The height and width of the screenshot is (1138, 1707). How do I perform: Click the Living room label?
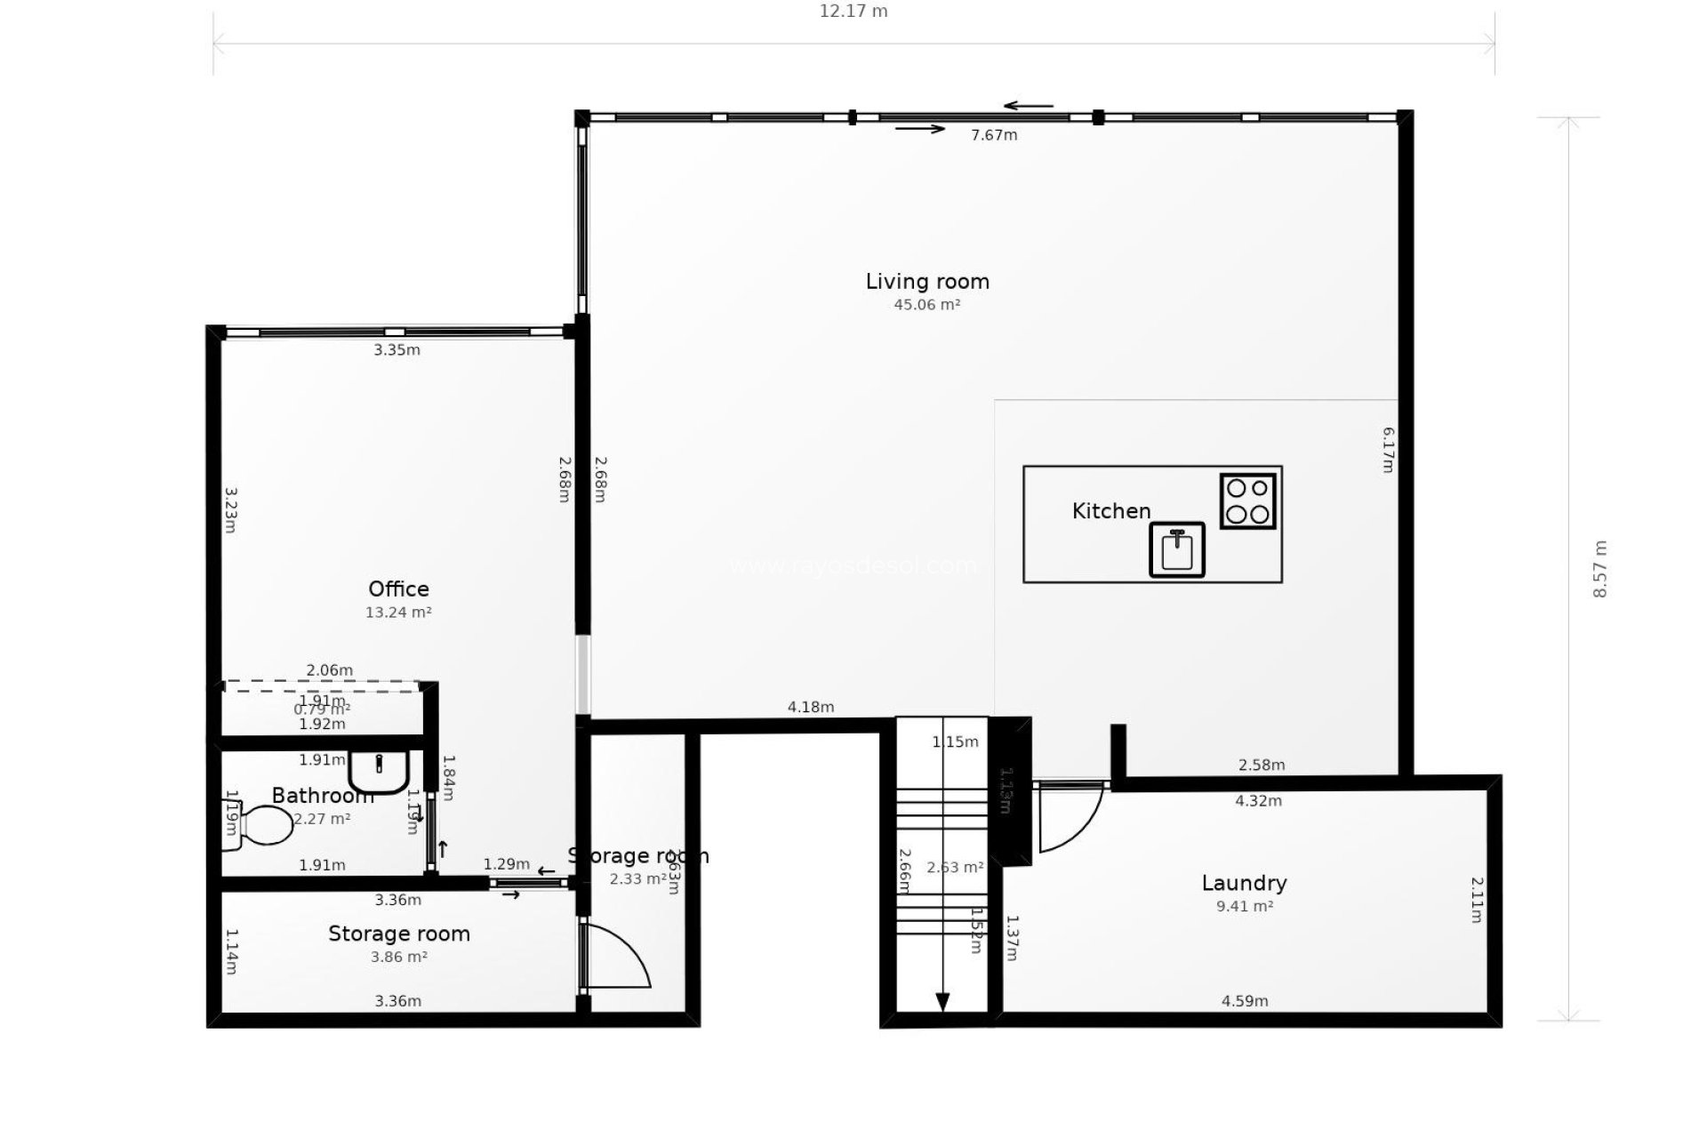click(x=927, y=282)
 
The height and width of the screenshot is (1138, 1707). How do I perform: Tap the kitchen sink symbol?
click(x=1176, y=550)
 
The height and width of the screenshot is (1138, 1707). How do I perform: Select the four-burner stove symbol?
click(x=1247, y=501)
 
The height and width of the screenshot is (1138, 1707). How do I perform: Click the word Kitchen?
click(x=1111, y=511)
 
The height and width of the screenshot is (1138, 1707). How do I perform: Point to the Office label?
click(x=398, y=589)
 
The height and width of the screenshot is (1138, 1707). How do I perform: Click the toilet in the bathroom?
click(x=262, y=825)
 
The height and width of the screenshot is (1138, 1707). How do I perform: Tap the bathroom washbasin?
click(x=379, y=771)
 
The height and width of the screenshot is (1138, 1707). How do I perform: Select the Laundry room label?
click(x=1244, y=883)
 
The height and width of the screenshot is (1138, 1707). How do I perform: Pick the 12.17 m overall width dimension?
click(x=853, y=12)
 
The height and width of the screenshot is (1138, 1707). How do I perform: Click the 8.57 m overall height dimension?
click(x=1599, y=569)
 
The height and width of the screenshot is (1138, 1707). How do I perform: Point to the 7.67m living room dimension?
click(x=994, y=135)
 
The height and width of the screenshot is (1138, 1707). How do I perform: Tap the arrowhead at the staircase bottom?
click(x=942, y=1002)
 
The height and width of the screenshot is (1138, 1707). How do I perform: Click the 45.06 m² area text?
click(x=927, y=305)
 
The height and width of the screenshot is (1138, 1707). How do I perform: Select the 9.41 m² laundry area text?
click(x=1244, y=907)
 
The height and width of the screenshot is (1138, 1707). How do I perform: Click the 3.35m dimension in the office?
click(x=397, y=350)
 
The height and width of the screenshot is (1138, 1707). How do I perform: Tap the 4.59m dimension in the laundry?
click(x=1244, y=1001)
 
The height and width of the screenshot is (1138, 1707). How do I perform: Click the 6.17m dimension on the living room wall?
click(x=1388, y=450)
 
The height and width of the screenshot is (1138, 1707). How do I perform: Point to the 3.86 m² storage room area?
click(x=398, y=958)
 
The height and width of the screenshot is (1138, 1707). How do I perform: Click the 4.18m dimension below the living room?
click(x=810, y=708)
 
